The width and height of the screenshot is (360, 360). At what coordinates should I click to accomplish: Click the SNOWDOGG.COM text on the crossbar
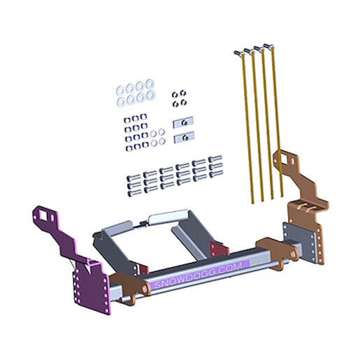[199, 275]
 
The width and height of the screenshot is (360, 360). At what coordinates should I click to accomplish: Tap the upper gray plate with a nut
[183, 122]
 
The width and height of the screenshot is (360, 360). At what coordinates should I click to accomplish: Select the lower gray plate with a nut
[184, 138]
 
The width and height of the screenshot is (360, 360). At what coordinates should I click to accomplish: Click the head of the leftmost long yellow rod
[238, 53]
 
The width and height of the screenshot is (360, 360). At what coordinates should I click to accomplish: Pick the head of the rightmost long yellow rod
[268, 45]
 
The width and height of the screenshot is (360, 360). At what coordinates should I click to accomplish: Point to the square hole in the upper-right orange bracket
[284, 159]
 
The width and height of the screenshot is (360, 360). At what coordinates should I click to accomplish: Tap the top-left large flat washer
[120, 89]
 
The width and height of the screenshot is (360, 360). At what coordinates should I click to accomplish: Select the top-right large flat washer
[150, 83]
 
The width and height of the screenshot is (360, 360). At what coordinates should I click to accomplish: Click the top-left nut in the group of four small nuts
[175, 94]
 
